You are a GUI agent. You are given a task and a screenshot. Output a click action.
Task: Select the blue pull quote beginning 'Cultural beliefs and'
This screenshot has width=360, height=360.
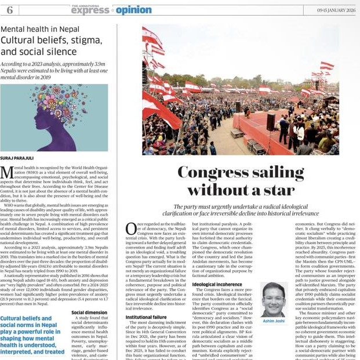coord(32,334)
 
